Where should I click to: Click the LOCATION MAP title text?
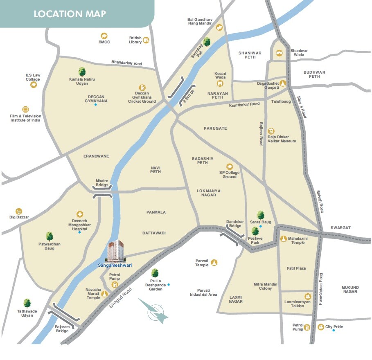[x=70, y=13]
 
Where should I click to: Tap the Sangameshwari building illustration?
[x=115, y=251]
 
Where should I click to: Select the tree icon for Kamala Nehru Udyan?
[x=82, y=72]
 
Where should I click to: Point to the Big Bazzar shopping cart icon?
[x=18, y=211]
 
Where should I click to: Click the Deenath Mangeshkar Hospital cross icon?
[x=80, y=214]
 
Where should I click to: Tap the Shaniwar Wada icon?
[x=279, y=53]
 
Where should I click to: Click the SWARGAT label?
[x=341, y=227]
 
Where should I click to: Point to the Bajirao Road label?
[x=261, y=133]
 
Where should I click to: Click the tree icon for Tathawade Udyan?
[x=27, y=303]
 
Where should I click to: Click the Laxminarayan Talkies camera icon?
[x=307, y=296]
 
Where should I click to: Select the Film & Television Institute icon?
[x=25, y=110]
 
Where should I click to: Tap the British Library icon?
[x=146, y=40]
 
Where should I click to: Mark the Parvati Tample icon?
[x=214, y=263]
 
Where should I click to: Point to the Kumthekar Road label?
[x=244, y=105]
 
